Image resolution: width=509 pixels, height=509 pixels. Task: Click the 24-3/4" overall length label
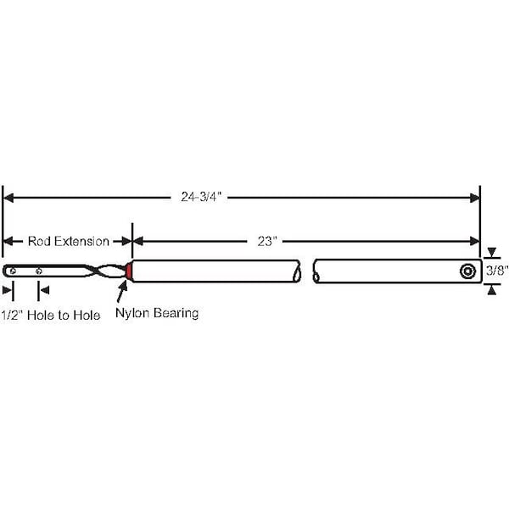pyautogui.click(x=204, y=198)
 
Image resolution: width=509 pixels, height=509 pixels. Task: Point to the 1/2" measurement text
pyautogui.click(x=12, y=315)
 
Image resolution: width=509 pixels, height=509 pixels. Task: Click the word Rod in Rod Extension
pyautogui.click(x=39, y=241)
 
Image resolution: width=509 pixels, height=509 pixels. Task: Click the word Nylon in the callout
pyautogui.click(x=132, y=313)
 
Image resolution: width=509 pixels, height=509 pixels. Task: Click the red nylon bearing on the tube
pyautogui.click(x=128, y=271)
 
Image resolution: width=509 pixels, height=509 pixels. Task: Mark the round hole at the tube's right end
pyautogui.click(x=467, y=271)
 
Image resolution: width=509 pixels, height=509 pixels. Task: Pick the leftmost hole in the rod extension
pyautogui.click(x=11, y=271)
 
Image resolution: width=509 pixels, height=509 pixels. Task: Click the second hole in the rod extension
pyautogui.click(x=39, y=271)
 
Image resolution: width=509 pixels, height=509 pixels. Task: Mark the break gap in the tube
pyautogui.click(x=306, y=271)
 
